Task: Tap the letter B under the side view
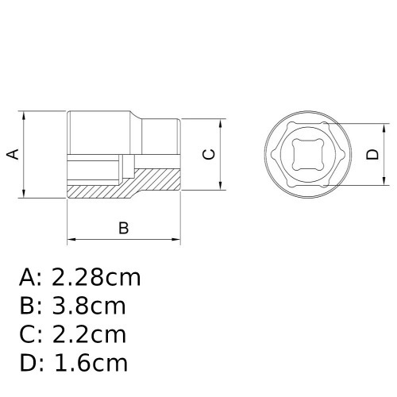coord(123,228)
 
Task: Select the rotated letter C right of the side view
coord(208,155)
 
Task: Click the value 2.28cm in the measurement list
coord(96,277)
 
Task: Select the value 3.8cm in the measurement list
coord(88,306)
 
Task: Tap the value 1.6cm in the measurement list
coord(89,364)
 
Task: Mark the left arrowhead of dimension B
coord(71,239)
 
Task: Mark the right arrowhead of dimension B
coord(179,239)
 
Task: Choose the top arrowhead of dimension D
coord(387,127)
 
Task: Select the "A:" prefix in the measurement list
coord(30,277)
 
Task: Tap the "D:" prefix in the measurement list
coord(31,364)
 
